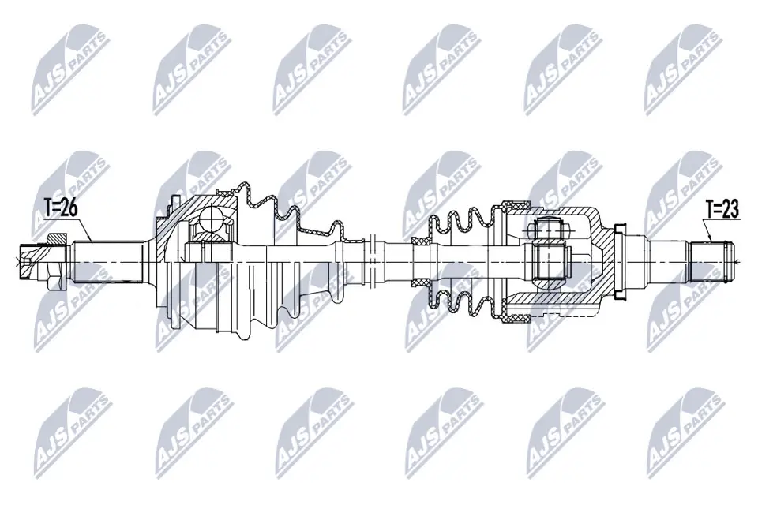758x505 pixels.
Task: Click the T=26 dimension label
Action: click(62, 208)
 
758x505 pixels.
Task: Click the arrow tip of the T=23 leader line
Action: click(713, 239)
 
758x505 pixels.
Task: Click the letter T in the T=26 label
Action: click(47, 208)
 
